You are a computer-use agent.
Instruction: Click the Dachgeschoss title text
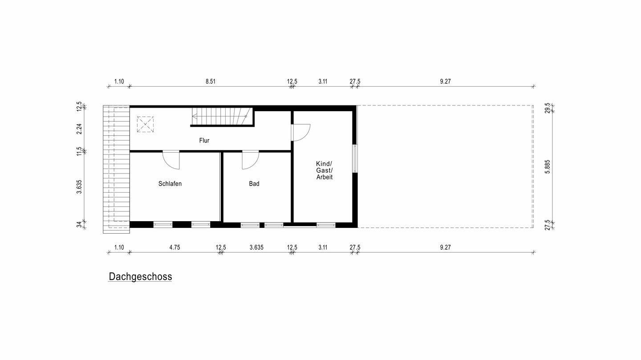140,277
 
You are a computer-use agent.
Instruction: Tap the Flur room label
204,141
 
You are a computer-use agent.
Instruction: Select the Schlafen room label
170,184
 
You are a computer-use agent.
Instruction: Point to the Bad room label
254,184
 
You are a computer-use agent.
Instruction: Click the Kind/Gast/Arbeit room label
324,170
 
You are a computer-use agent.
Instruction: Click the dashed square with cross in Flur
146,125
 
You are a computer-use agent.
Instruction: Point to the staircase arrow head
194,117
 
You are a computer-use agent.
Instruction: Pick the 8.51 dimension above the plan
211,81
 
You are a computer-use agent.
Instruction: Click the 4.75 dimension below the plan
174,247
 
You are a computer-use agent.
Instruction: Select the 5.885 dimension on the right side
548,166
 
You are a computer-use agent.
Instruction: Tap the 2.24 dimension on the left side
79,129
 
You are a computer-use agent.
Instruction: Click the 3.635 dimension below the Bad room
256,247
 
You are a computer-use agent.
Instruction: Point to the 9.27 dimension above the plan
445,81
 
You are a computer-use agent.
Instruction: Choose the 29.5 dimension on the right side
548,109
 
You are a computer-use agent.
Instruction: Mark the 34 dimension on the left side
79,225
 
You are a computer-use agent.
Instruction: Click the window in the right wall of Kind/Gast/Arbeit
355,158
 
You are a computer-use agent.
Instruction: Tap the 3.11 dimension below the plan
323,247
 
